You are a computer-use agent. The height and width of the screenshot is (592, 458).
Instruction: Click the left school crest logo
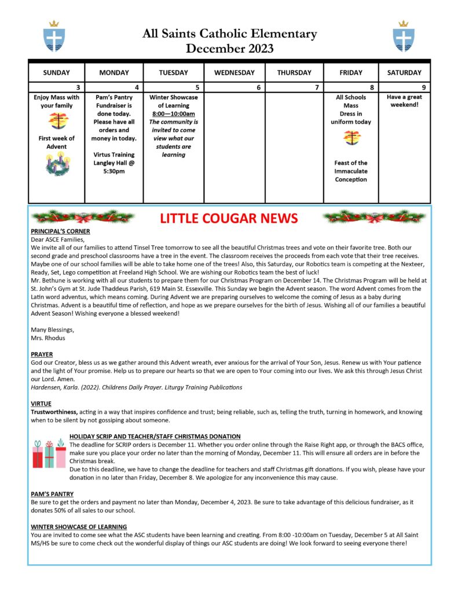[x=54, y=36]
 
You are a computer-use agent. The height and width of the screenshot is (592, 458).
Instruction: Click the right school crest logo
[x=403, y=36]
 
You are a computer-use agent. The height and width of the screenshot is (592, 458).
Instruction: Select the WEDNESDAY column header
[x=235, y=73]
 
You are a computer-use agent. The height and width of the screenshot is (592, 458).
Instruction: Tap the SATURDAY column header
[x=404, y=73]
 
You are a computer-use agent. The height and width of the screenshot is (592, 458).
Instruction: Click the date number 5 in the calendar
[x=198, y=87]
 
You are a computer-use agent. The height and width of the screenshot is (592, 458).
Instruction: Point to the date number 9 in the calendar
[x=424, y=87]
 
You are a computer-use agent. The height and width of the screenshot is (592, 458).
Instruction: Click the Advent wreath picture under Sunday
[x=57, y=164]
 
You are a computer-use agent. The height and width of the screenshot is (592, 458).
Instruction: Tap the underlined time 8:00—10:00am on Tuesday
[x=173, y=114]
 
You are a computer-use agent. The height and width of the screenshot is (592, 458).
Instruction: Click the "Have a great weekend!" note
[x=404, y=101]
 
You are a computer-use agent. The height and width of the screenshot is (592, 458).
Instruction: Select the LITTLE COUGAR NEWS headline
[x=229, y=218]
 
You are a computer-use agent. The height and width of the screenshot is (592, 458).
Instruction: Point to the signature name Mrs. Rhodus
[x=49, y=337]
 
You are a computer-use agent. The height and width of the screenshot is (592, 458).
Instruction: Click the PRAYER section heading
[x=42, y=354]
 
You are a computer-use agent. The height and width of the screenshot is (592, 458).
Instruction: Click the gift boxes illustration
[x=49, y=453]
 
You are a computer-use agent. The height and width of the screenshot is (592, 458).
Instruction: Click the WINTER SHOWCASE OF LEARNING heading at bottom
[x=79, y=527]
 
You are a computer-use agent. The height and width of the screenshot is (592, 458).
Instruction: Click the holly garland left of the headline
[x=83, y=217]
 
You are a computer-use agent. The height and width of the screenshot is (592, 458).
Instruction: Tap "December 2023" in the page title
[x=229, y=49]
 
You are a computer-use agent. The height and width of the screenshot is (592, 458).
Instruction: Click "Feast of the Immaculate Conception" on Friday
[x=350, y=171]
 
